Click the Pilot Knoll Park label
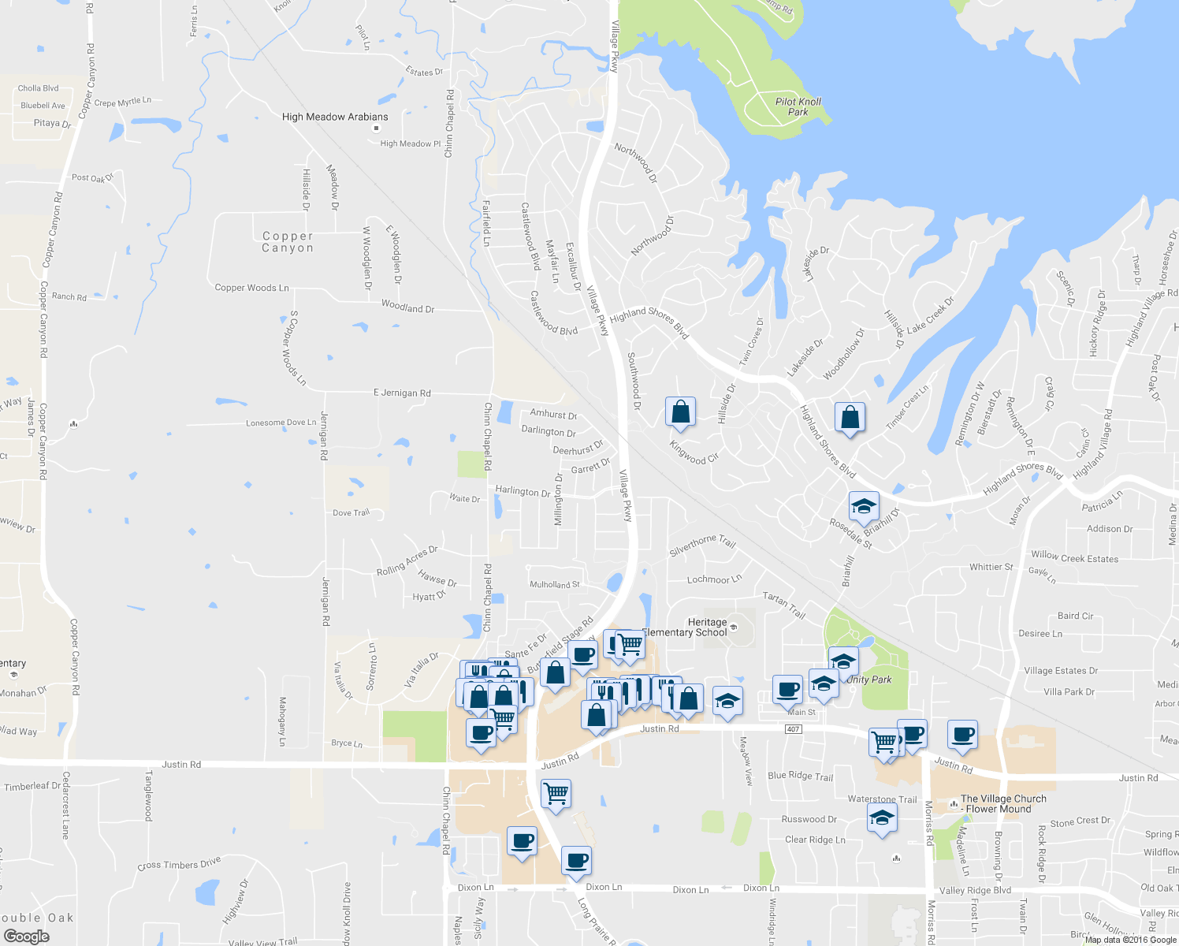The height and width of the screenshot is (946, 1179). (798, 106)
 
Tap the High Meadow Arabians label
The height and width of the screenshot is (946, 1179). (335, 117)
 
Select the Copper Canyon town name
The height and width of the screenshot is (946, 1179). (288, 242)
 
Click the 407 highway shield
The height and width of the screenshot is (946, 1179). (794, 729)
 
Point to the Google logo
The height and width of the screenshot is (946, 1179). (26, 937)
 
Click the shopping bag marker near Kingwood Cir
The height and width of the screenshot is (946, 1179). (680, 412)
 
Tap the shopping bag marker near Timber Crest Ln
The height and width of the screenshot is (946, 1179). (850, 418)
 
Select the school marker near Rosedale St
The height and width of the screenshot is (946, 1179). (864, 507)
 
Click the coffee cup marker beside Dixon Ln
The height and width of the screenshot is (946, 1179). (576, 860)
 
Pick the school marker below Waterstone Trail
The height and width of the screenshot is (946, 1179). (882, 818)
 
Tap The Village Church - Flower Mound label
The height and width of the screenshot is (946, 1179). (1002, 803)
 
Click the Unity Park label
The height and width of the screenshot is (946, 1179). (870, 680)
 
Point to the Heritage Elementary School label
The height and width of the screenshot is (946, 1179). (686, 628)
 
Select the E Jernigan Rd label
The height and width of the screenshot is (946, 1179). (402, 393)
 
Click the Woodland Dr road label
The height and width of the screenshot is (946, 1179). (407, 307)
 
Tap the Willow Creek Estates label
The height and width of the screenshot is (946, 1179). (1074, 557)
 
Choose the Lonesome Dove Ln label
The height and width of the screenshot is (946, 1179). (281, 423)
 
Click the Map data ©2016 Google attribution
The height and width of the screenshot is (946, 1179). (1130, 939)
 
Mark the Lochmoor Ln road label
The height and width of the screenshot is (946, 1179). (714, 579)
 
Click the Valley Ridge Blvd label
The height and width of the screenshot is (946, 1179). (975, 890)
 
